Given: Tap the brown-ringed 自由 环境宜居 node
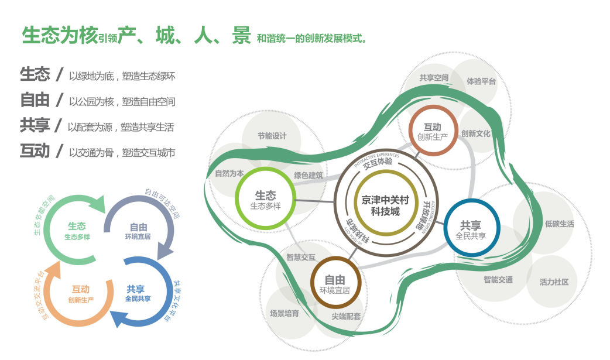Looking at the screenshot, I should pos(334,283).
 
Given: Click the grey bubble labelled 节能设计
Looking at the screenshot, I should pos(272,136).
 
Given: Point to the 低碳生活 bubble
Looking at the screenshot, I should pos(559,224).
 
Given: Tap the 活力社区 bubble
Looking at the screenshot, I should pos(554,282).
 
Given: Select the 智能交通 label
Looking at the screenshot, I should pos(498,280).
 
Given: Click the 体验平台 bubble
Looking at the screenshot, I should pos(481,81).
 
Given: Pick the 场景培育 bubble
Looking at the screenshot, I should pos(285,313).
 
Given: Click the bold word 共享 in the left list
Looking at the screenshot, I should pos(35,125).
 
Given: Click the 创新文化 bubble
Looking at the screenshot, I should pos(475,133).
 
